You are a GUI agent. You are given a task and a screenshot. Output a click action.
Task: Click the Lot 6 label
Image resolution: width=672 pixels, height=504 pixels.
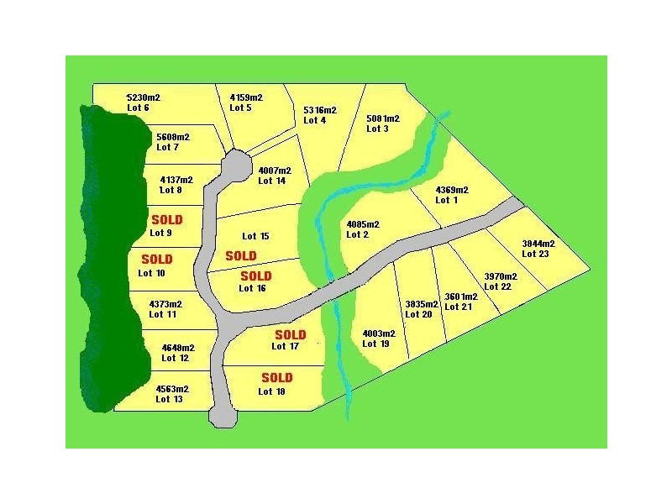138,108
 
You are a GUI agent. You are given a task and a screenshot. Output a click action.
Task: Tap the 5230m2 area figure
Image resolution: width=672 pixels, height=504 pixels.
143,97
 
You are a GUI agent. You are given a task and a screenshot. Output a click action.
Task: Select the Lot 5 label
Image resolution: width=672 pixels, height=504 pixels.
240,108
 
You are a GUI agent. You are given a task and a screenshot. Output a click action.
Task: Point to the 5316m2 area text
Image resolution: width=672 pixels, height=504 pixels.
319,110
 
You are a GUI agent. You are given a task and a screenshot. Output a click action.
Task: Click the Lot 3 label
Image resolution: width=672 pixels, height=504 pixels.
377,129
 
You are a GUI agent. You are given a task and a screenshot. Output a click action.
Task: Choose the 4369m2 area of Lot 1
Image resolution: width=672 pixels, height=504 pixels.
452,190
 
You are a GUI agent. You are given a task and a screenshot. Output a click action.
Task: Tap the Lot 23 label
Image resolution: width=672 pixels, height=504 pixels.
534,254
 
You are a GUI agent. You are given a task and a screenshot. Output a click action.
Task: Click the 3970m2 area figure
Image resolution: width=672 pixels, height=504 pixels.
500,276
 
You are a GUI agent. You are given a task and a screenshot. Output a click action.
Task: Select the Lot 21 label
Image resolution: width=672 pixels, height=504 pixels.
458,307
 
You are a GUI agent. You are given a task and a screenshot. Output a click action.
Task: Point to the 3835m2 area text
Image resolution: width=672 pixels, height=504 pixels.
422,304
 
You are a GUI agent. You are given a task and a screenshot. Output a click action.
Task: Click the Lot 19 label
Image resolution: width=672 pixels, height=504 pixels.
377,344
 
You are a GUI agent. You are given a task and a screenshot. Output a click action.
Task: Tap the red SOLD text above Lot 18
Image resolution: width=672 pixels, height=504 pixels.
276,378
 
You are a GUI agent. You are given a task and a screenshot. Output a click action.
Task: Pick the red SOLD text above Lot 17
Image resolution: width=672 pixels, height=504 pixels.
290,335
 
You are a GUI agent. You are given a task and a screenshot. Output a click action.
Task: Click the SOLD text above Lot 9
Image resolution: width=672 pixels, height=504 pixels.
166,220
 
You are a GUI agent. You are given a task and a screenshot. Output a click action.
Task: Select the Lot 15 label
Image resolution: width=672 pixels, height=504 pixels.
255,237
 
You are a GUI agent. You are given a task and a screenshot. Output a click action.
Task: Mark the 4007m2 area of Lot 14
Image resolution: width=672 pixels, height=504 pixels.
275,171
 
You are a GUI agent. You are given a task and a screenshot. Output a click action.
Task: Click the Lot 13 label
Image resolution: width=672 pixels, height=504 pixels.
169,400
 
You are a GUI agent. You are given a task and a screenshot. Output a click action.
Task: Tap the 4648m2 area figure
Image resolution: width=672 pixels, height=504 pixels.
178,348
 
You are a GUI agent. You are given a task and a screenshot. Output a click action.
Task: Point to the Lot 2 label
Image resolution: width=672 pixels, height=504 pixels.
358,235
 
